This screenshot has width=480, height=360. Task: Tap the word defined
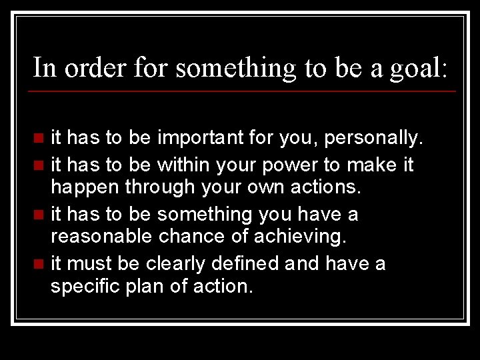tap(245, 263)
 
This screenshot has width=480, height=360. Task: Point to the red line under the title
tap(244, 91)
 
